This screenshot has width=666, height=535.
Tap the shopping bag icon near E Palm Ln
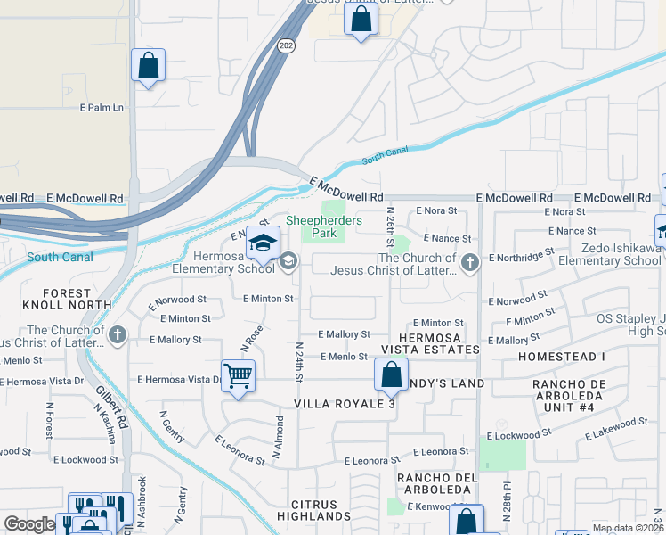coord(148,66)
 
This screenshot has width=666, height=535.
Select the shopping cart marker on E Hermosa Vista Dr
coord(239,375)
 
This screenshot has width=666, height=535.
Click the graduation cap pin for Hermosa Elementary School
coord(263,243)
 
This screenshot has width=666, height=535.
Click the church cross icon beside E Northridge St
coord(471,261)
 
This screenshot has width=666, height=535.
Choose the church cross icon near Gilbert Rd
coord(118,335)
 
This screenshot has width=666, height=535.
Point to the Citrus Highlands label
coord(313,509)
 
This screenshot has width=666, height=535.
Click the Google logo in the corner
coord(28,524)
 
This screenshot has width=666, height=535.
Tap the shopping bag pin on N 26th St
coord(390,374)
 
